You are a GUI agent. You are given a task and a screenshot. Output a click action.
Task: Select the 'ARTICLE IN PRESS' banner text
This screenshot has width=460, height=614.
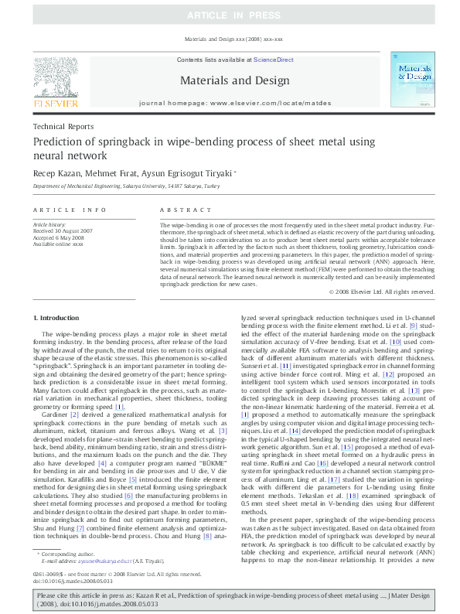[x=230, y=15]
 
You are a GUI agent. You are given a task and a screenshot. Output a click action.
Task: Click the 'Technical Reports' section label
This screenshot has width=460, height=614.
[x=63, y=126]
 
